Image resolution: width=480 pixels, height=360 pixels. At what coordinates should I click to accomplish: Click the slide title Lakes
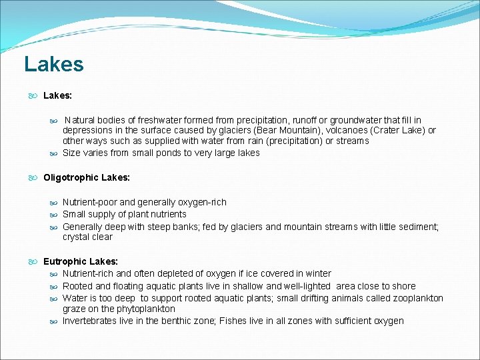point(54,65)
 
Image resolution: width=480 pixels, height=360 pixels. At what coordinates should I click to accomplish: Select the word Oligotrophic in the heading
point(71,177)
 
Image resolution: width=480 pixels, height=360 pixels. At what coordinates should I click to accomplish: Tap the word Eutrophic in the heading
point(65,261)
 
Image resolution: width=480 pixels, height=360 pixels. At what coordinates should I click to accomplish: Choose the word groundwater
point(353,120)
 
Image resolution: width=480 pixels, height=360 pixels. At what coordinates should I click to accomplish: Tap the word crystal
point(77,237)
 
